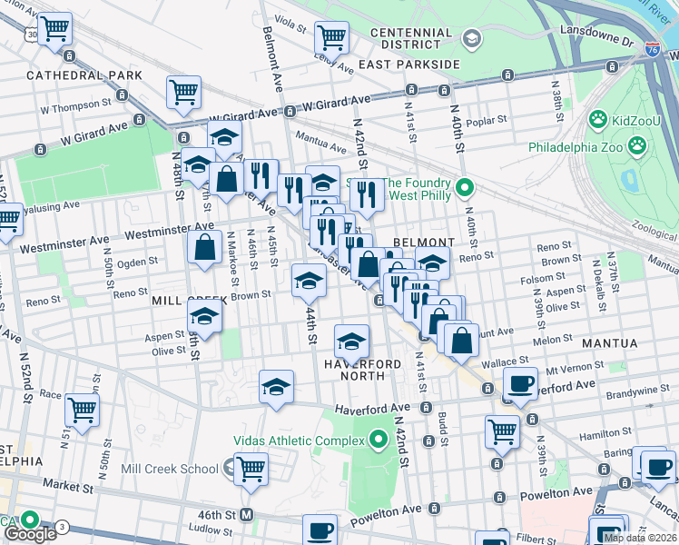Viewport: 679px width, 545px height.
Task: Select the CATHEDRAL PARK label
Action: pos(84,75)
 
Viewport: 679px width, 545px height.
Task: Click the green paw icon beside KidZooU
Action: pos(597,119)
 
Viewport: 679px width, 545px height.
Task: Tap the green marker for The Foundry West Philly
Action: pos(465,189)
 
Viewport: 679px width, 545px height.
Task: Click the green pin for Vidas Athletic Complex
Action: pos(379,441)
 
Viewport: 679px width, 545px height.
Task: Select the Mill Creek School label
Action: pos(169,469)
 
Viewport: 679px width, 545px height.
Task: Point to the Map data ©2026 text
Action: pos(639,538)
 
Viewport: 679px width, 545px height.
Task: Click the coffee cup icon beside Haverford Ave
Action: pos(519,384)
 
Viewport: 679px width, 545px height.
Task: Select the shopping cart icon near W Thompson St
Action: pos(183,92)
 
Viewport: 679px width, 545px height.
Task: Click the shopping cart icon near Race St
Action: pos(82,411)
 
